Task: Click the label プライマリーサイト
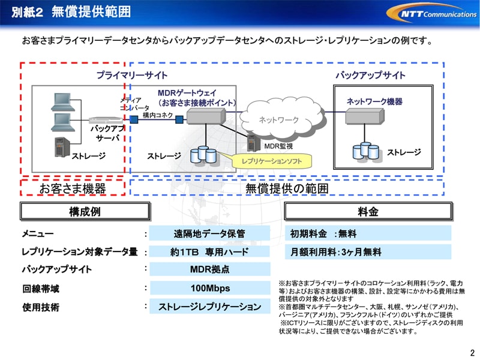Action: click(132, 76)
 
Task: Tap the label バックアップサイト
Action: click(370, 76)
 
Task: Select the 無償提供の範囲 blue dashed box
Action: click(287, 188)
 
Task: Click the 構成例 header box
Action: click(85, 211)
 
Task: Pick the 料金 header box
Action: click(368, 211)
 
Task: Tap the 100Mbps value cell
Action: click(210, 288)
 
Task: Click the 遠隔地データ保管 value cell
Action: click(210, 233)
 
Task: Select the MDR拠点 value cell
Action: click(210, 269)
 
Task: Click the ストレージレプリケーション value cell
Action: click(210, 307)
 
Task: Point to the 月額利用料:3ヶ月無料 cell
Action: click(368, 252)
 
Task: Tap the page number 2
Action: click(472, 352)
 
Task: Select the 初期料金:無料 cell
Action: click(368, 233)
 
